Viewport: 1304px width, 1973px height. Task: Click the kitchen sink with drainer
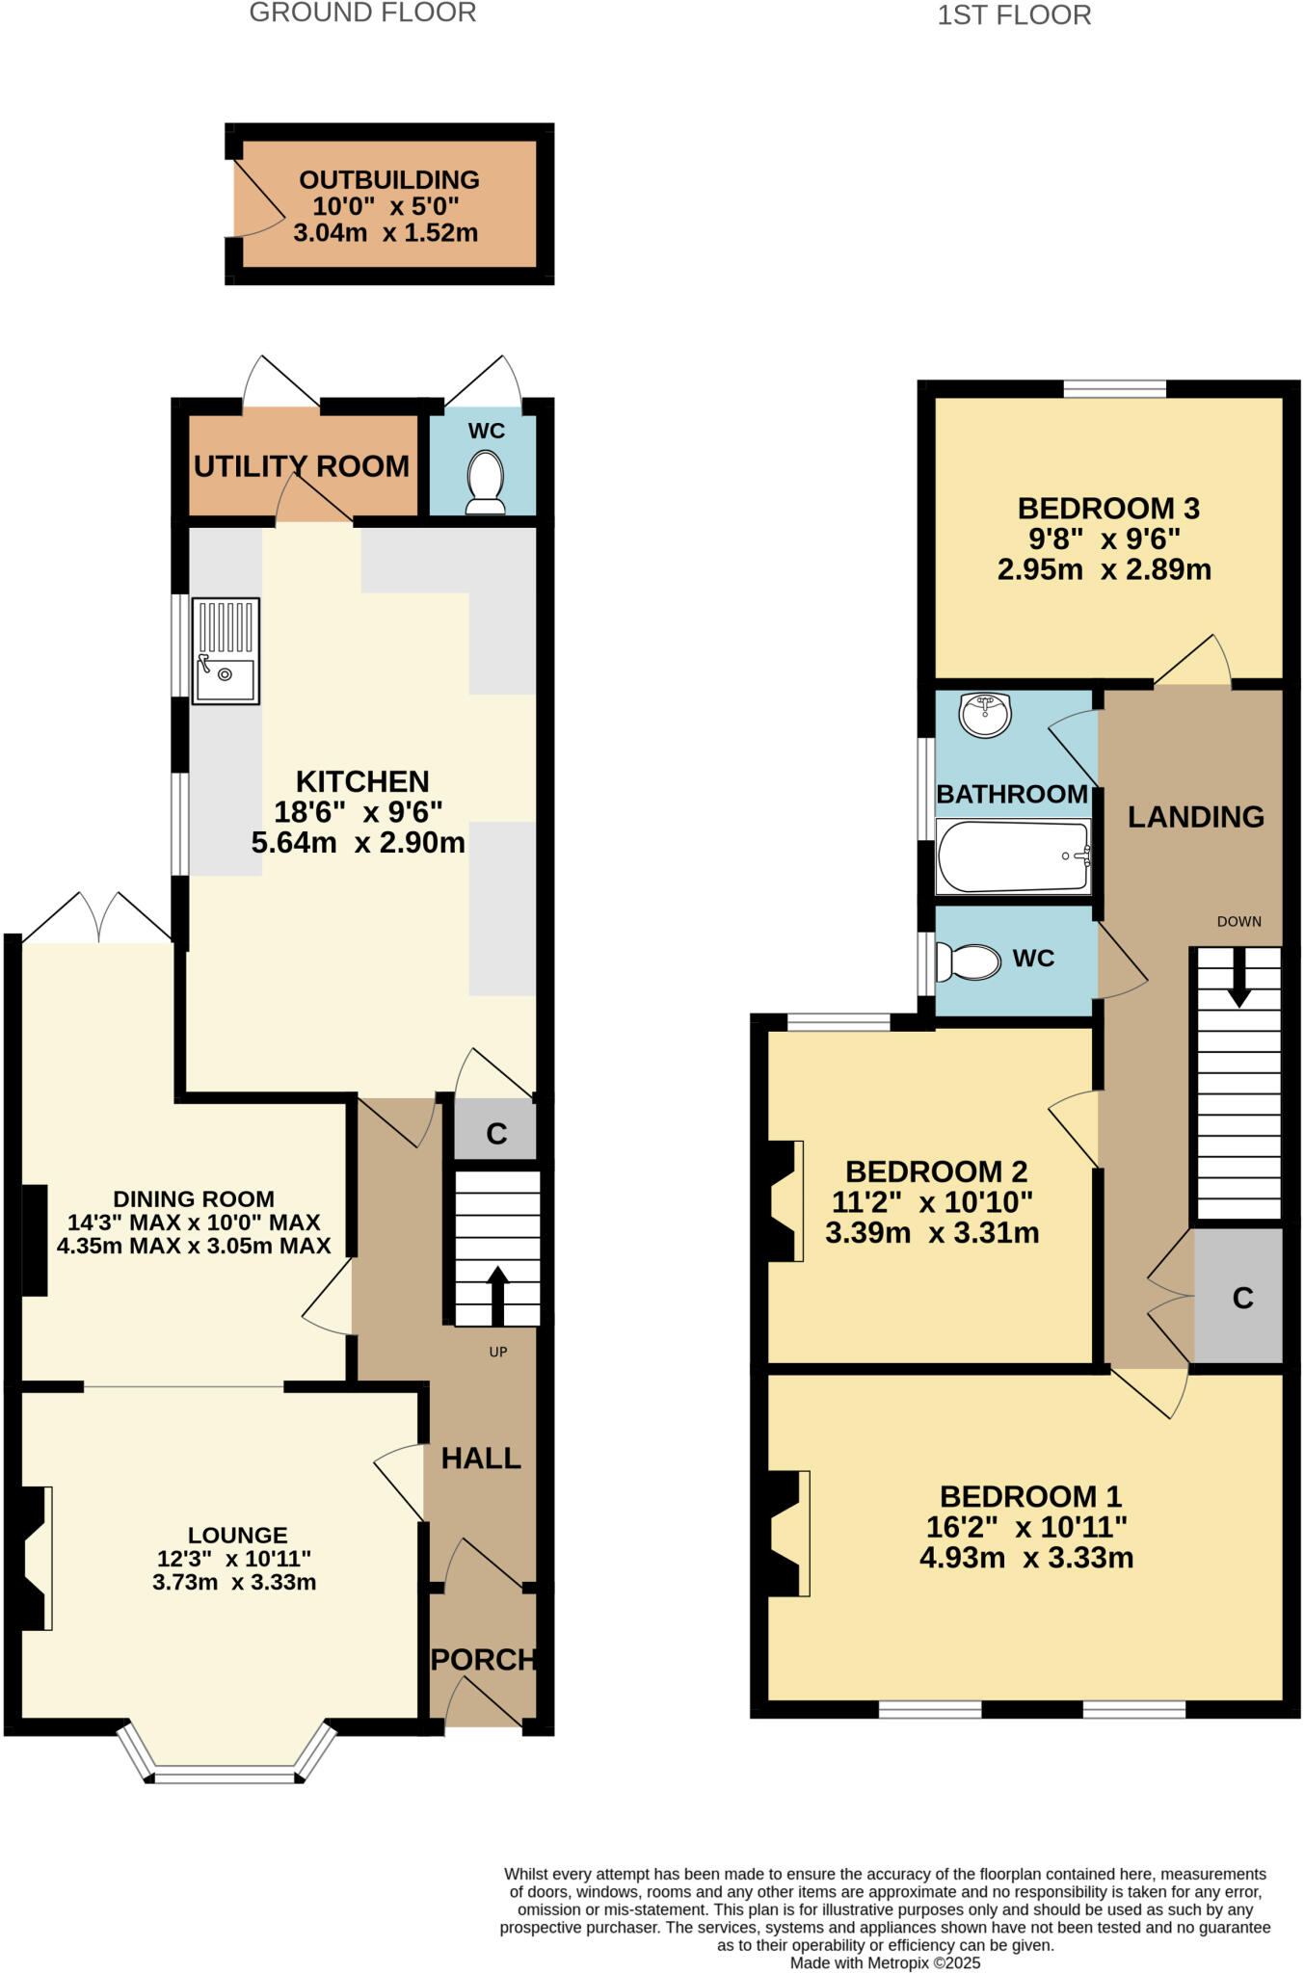[226, 651]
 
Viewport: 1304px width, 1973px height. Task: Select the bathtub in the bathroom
[1013, 855]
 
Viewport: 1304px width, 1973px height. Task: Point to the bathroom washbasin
[985, 715]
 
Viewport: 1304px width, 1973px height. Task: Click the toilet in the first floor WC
[969, 960]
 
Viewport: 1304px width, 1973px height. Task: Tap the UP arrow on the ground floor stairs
[497, 1295]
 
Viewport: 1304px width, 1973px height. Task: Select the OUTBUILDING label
[389, 180]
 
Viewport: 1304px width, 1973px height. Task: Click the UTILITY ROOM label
[302, 466]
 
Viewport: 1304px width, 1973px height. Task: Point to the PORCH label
[483, 1659]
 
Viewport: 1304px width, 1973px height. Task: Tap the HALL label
[481, 1459]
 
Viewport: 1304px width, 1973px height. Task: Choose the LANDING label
[1196, 817]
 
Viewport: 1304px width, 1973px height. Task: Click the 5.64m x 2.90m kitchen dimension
[359, 843]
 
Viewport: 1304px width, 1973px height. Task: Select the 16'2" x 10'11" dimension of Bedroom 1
[1026, 1527]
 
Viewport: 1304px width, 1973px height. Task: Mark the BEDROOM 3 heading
[1108, 508]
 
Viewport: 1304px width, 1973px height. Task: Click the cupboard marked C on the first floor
[1241, 1298]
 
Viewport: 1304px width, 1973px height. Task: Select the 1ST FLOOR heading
[1014, 15]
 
